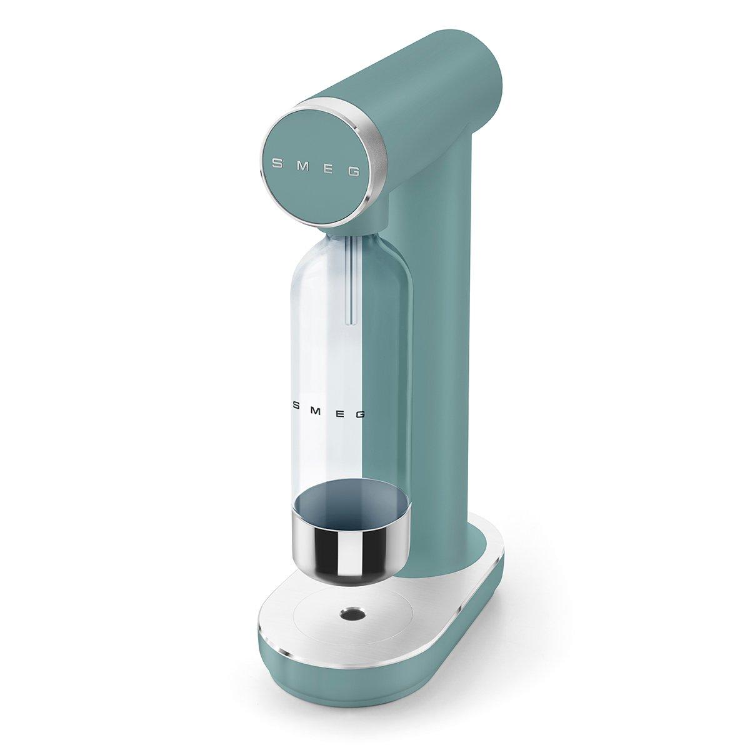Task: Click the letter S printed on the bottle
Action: pos(296,405)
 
